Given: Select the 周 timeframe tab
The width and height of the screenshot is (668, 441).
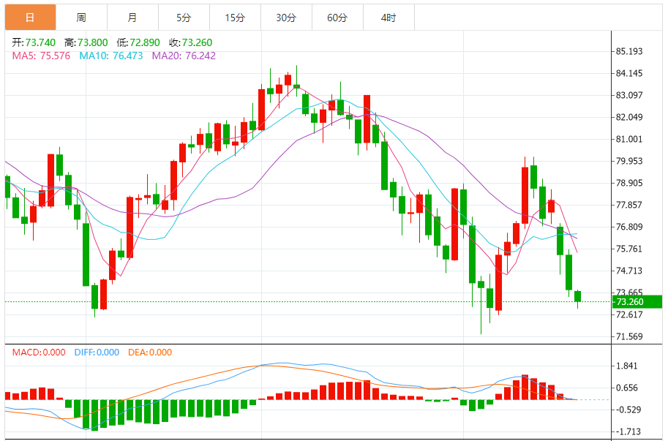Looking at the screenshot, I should point(81,18).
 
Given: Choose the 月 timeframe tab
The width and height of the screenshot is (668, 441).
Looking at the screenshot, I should point(132,18).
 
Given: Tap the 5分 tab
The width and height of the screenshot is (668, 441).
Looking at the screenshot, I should point(184,18).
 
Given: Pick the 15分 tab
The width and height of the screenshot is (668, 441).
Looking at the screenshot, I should point(235,18).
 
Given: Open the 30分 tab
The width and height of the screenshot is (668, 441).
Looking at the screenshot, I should point(286,18).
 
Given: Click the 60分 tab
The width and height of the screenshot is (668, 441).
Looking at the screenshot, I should point(337,18).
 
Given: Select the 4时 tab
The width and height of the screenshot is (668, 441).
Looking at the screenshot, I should point(389,18).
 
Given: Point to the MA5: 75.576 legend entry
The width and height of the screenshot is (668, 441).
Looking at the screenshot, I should point(41,56).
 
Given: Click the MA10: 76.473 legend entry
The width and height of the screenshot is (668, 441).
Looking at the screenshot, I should point(111,56).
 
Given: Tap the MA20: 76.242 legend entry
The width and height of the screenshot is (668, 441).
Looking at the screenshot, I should point(184,56).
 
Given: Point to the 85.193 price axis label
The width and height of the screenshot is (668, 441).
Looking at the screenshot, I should point(629,51).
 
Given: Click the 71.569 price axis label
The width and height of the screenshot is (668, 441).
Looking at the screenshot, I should point(629,336).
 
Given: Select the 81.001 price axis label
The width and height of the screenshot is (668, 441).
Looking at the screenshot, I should point(629,139).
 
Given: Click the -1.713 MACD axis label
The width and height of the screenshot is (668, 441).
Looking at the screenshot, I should point(628,431).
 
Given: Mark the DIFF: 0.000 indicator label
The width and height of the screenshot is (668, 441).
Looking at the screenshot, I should point(97,353).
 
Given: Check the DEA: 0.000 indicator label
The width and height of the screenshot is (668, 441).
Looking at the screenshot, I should point(150,353).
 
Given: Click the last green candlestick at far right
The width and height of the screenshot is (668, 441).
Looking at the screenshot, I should point(577,296).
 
